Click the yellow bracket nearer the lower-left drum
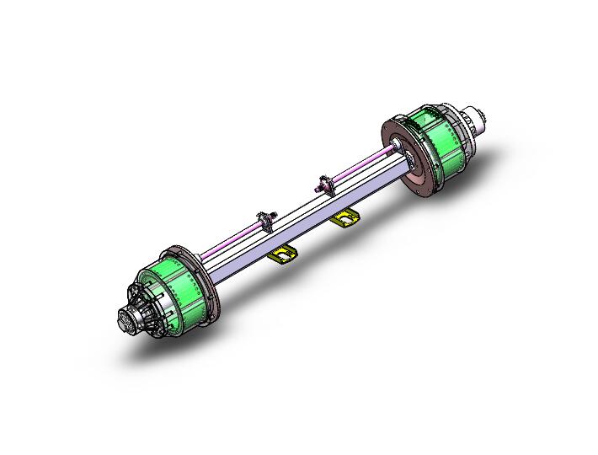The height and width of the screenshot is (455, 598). tap(282, 254)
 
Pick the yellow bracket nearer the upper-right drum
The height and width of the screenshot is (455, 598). tap(344, 219)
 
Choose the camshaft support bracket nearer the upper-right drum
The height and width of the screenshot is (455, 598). tap(324, 184)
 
